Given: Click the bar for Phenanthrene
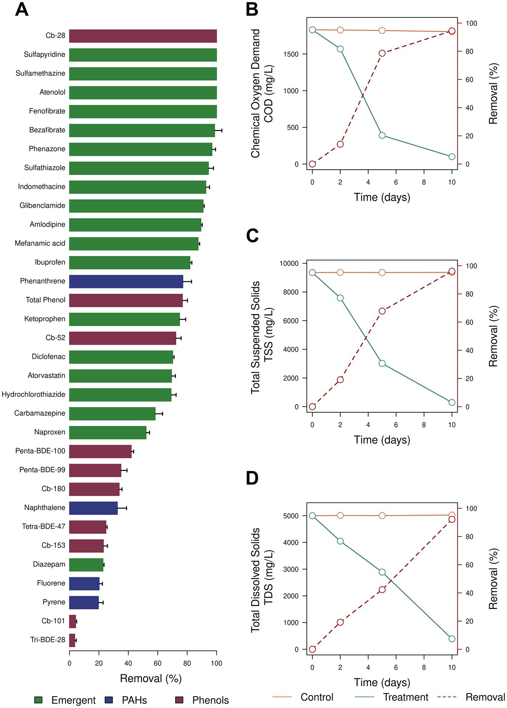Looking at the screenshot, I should (x=126, y=281).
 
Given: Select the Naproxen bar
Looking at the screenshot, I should (x=108, y=432).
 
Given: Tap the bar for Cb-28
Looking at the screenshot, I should (x=143, y=36).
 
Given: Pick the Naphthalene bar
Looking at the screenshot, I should (x=93, y=508).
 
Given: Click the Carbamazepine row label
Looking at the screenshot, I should (x=40, y=414).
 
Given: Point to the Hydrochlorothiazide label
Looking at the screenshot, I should (x=34, y=395).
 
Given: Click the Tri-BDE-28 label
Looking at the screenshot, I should (x=48, y=640).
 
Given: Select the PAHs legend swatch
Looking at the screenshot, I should (x=109, y=700).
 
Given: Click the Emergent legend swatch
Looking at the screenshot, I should (x=38, y=700).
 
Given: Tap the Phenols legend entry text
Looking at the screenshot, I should (x=210, y=700).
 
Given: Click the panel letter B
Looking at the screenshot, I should (x=252, y=10).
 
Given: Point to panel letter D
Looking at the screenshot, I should (x=252, y=478).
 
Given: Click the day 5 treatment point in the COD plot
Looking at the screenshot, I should (x=382, y=135).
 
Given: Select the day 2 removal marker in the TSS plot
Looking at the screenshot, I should (x=340, y=380).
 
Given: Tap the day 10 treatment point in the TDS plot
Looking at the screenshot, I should (x=452, y=639).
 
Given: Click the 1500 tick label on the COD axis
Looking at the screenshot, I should (x=291, y=54).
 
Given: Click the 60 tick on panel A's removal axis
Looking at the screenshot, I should (x=157, y=663).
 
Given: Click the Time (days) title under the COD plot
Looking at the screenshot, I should (x=382, y=197).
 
